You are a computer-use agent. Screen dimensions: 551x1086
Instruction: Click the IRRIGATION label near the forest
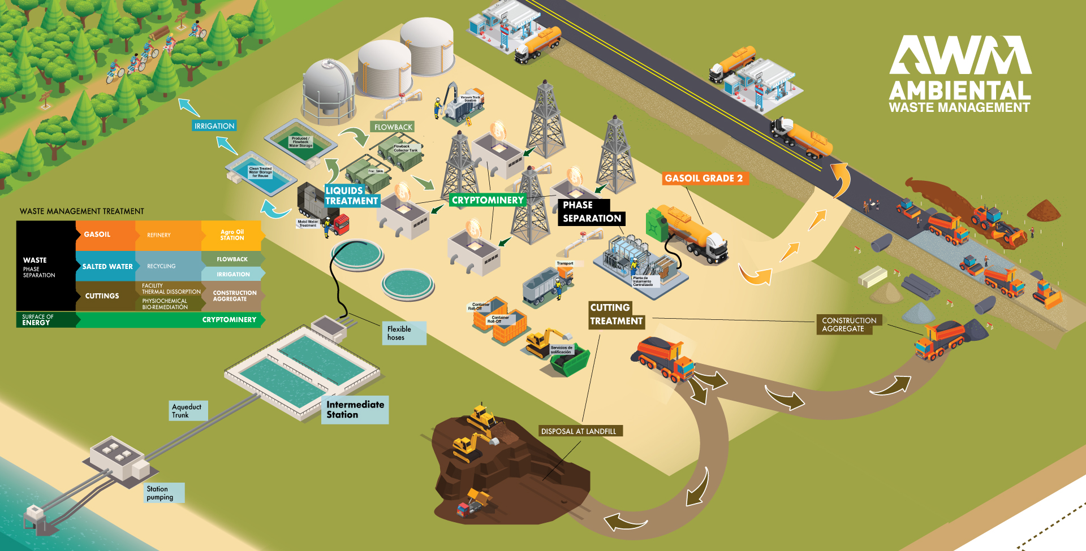point(214,126)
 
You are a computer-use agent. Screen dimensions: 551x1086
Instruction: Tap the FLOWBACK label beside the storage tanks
point(393,127)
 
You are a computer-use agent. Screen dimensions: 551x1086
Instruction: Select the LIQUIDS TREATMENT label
point(351,196)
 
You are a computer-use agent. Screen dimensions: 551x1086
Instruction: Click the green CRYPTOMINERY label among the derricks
point(488,200)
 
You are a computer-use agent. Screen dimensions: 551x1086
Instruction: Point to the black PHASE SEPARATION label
point(591,212)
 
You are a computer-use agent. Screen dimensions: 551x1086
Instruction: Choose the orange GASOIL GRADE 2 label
point(704,179)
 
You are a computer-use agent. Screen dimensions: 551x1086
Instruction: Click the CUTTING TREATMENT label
point(616,315)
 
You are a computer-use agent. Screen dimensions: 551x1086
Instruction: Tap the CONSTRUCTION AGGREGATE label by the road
point(848,324)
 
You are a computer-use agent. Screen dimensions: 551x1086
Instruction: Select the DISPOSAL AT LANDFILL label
point(579,431)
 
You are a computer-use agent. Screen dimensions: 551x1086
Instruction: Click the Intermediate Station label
point(355,410)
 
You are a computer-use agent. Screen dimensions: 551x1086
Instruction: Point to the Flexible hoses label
point(403,333)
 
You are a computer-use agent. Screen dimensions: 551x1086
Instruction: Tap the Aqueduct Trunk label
point(188,411)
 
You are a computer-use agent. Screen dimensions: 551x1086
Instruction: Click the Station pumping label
point(163,493)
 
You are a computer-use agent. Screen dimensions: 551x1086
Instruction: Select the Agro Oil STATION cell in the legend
point(232,235)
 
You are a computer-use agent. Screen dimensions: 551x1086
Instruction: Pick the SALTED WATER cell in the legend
point(107,266)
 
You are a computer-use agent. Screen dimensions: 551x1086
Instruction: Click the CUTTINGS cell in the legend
point(102,296)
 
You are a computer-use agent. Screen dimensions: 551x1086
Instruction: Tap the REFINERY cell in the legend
point(159,235)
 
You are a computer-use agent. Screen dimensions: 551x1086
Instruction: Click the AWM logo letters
point(960,55)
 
